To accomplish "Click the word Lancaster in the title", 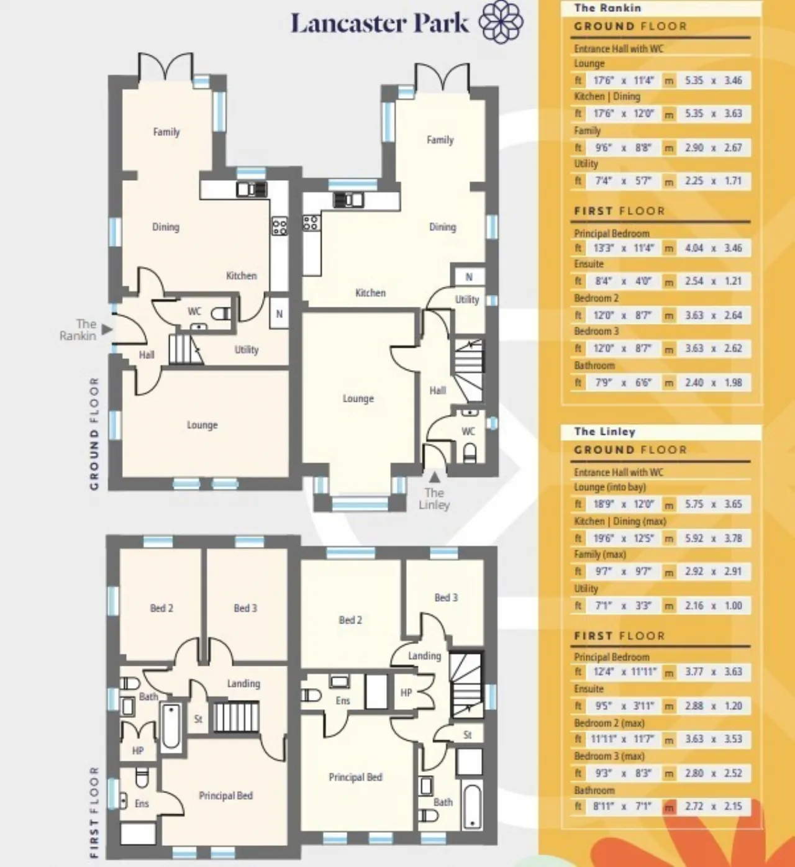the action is [x=348, y=23].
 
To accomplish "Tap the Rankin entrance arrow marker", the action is [x=107, y=330].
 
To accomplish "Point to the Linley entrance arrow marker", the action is [x=435, y=477].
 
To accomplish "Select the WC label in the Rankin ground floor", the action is [x=194, y=311].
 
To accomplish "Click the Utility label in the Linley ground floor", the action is [x=467, y=299].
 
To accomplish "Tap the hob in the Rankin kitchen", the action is [x=279, y=225].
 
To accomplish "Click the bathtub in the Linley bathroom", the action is [x=471, y=807].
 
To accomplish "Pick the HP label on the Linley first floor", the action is [x=406, y=693].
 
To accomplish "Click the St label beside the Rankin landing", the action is [x=198, y=719].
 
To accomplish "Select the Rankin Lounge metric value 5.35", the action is [x=694, y=80].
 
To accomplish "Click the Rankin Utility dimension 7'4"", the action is [x=602, y=181].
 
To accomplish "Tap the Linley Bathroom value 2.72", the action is [x=694, y=806].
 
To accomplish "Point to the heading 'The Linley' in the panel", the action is [x=605, y=432].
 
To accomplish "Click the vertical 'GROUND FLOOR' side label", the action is [x=94, y=433].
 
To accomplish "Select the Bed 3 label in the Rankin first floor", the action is [x=245, y=608].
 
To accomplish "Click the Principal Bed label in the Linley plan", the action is [x=355, y=777].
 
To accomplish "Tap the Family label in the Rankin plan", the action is [x=166, y=132].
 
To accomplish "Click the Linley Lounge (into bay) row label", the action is [x=610, y=487].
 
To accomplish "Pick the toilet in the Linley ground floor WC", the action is [x=470, y=454].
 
